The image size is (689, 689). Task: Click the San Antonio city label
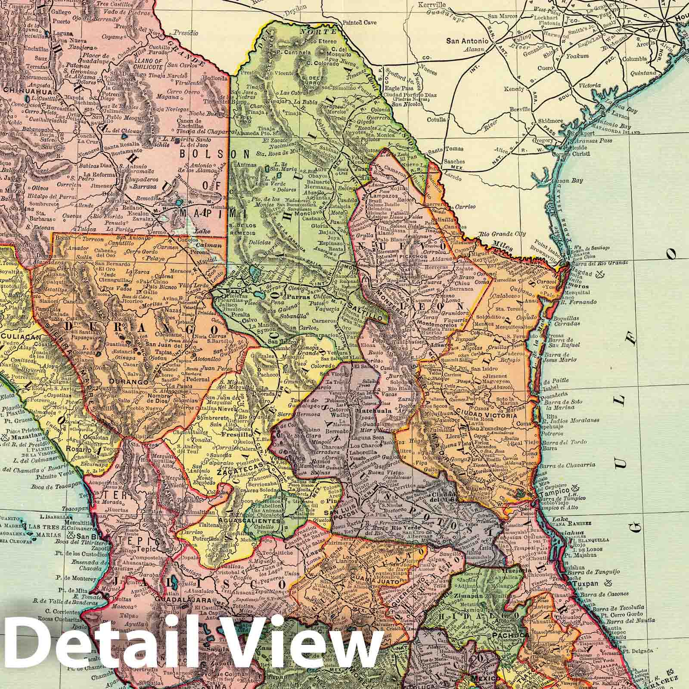(x=467, y=41)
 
